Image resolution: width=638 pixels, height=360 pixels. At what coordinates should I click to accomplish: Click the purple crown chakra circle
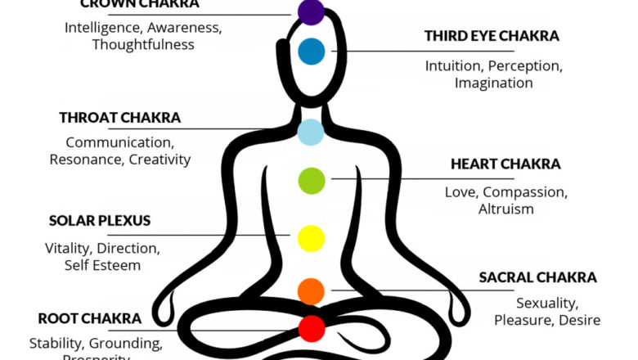coord(311,11)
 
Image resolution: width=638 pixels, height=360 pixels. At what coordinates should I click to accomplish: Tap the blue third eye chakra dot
coord(312,52)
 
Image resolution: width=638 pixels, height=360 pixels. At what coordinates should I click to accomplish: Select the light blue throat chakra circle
coord(311,132)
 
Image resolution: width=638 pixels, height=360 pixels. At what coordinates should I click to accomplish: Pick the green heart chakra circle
coord(312,179)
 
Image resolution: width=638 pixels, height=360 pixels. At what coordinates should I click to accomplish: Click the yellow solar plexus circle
coord(312,238)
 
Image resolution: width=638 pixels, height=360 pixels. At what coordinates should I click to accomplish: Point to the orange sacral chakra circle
coord(311,290)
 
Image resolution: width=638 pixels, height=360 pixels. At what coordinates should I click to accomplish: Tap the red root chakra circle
coord(312,328)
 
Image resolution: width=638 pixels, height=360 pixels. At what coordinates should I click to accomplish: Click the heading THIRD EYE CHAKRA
coord(492,36)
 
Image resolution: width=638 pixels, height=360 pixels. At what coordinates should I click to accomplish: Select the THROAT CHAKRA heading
coord(119,118)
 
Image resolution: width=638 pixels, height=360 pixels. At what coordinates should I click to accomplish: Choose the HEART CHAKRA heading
coord(505,164)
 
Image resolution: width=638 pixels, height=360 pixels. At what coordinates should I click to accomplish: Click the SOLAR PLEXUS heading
coord(100,221)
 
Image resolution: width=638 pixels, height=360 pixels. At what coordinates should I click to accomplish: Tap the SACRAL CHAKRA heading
coord(537,277)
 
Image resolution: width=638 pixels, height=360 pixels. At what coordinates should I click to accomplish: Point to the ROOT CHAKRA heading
coord(90,318)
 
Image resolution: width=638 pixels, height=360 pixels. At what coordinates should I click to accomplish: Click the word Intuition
coord(452,66)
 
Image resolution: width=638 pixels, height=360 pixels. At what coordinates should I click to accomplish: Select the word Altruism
coord(505,209)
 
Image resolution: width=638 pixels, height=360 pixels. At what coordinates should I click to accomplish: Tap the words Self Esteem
coord(102,265)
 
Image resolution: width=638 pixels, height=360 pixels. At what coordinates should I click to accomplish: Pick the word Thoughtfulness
coord(143,44)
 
